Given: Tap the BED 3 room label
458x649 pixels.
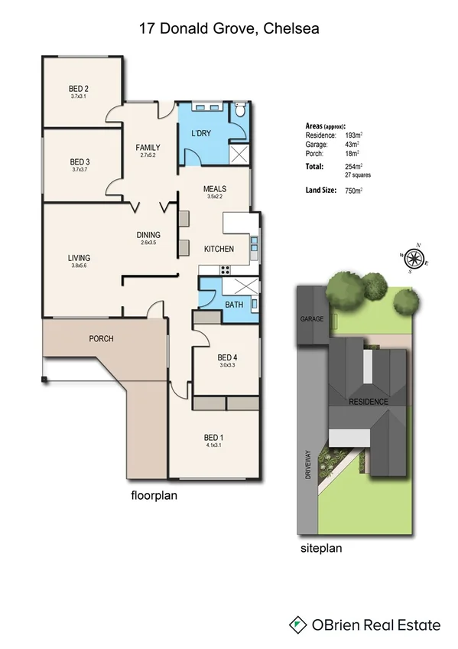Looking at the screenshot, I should pos(80,161).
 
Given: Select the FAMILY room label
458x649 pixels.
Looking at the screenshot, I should pos(148,147).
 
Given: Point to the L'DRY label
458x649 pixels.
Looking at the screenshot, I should pos(200,135).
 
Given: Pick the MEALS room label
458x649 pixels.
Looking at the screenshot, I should pos(214,188).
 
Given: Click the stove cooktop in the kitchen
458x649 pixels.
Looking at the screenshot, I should pos(226,269).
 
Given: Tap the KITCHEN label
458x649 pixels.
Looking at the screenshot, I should pos(218,249).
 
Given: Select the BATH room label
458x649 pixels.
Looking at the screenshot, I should pos(234,305).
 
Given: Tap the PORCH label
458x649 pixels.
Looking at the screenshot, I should pos(101,338).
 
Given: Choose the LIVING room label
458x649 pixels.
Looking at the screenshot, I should pos(79,259).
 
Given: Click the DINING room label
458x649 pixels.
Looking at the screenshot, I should pos(148,235).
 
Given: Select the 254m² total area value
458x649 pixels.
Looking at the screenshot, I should pos(351,166).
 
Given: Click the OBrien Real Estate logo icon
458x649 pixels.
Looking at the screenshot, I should pos(297,625).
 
